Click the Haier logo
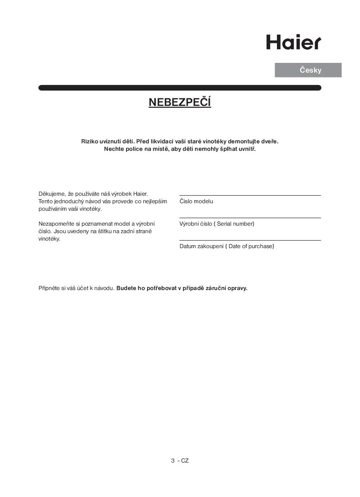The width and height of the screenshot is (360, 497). click(293, 42)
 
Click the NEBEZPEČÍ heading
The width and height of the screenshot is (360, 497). click(180, 102)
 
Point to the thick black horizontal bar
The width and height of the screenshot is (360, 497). click(180, 88)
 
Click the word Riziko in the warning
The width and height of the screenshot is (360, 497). click(89, 141)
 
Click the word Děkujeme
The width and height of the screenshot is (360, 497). click(52, 194)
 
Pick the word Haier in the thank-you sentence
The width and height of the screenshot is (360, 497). click(140, 194)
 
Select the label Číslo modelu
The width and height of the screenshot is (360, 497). click(196, 201)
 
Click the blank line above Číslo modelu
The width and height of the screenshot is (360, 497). click(250, 195)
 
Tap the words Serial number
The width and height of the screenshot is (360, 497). click(235, 224)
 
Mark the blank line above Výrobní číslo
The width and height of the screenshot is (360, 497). click(250, 218)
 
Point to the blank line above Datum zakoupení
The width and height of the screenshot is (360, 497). click(250, 240)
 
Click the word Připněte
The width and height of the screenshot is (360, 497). click(49, 288)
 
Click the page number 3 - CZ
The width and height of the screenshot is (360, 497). click(180, 461)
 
